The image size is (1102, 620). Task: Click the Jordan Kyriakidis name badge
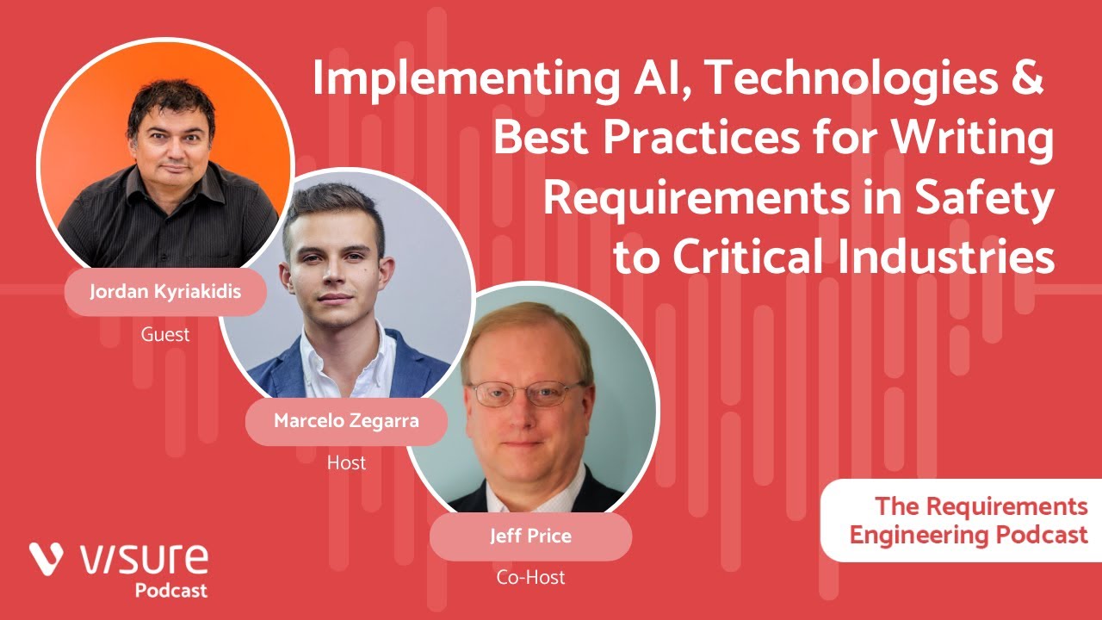(165, 291)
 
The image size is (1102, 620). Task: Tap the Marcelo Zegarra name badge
(347, 421)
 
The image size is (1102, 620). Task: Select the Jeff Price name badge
(530, 536)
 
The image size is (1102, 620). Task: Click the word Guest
(165, 334)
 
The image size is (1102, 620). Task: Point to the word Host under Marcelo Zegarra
(346, 463)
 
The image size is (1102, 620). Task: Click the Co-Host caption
(530, 578)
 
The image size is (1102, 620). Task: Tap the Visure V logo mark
(49, 559)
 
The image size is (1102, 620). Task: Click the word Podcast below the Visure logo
(170, 591)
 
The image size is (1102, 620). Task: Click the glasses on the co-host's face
(526, 394)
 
